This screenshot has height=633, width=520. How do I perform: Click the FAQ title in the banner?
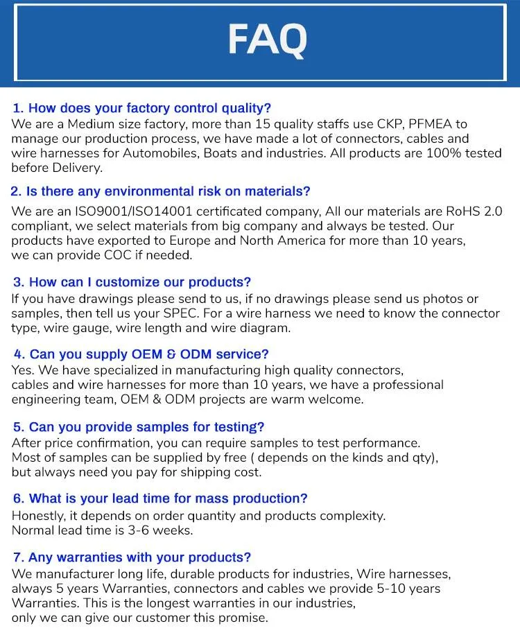(267, 41)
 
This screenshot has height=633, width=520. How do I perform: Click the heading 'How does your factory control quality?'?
(142, 108)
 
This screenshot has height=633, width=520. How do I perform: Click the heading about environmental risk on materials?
(161, 191)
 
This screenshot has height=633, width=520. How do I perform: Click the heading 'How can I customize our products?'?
(132, 282)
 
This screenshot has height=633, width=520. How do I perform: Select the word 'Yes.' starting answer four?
(23, 370)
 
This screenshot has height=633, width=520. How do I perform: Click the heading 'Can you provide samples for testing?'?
(139, 427)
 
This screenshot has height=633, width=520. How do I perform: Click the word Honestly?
(38, 516)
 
